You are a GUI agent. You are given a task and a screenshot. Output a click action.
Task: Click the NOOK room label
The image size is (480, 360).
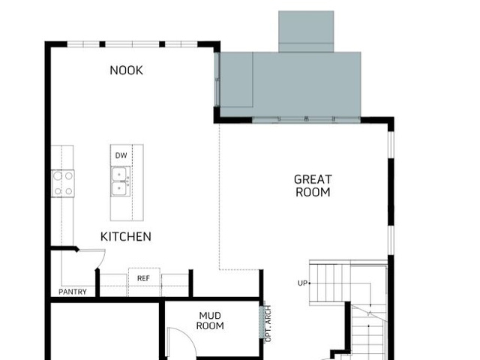coord(126,70)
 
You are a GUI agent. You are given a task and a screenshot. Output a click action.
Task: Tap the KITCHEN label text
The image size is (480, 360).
coord(126,237)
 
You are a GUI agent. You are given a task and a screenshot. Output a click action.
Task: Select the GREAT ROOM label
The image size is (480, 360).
coord(313,185)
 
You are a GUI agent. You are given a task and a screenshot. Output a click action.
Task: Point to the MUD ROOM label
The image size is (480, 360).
coord(210,320)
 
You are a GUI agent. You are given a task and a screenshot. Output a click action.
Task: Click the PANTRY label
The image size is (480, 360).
coord(73,292)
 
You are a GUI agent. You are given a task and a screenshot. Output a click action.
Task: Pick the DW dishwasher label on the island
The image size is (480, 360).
coord(121,155)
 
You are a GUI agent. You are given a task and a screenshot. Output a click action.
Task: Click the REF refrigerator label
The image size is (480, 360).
coord(143,278)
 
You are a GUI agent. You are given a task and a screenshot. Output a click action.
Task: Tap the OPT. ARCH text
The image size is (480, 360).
coord(268,323)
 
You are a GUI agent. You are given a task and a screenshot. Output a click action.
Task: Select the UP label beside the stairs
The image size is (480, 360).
coord(302,283)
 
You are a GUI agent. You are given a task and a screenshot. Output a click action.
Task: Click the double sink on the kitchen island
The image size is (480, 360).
coord(120,181)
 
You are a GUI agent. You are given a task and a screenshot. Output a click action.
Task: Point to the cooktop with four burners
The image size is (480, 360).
coord(63,184)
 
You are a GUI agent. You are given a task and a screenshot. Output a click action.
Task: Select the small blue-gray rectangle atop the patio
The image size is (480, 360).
coord(306,31)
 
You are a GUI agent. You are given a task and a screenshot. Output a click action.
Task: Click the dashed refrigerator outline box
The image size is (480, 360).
coord(144,282)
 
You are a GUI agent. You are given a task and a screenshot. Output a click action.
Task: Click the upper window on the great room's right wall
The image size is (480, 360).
coord(391,145)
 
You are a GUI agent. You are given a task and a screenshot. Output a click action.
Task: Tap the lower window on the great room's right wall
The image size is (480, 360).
coord(391,241)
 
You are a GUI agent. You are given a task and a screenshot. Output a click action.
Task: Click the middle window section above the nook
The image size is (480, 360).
coord(132,44)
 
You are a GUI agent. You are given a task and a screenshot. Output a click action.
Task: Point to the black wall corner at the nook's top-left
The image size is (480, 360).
coord(48,44)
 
